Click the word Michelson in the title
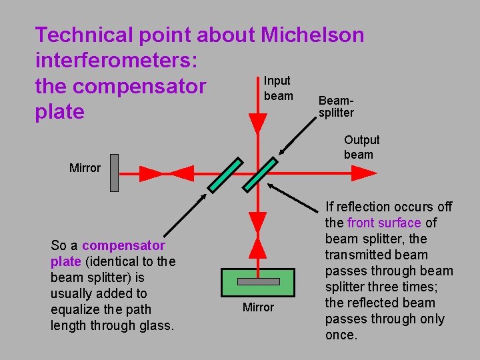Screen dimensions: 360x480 (313, 35)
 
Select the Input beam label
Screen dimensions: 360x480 (278, 88)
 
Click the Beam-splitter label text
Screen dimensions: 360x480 (336, 107)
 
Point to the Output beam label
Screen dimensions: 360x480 (361, 147)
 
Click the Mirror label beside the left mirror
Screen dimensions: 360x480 (85, 168)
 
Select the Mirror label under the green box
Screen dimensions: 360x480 (258, 307)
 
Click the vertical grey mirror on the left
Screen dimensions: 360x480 (114, 173)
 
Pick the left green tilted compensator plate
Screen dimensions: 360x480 (224, 174)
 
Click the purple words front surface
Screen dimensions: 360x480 (383, 223)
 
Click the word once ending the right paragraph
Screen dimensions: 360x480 (341, 335)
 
